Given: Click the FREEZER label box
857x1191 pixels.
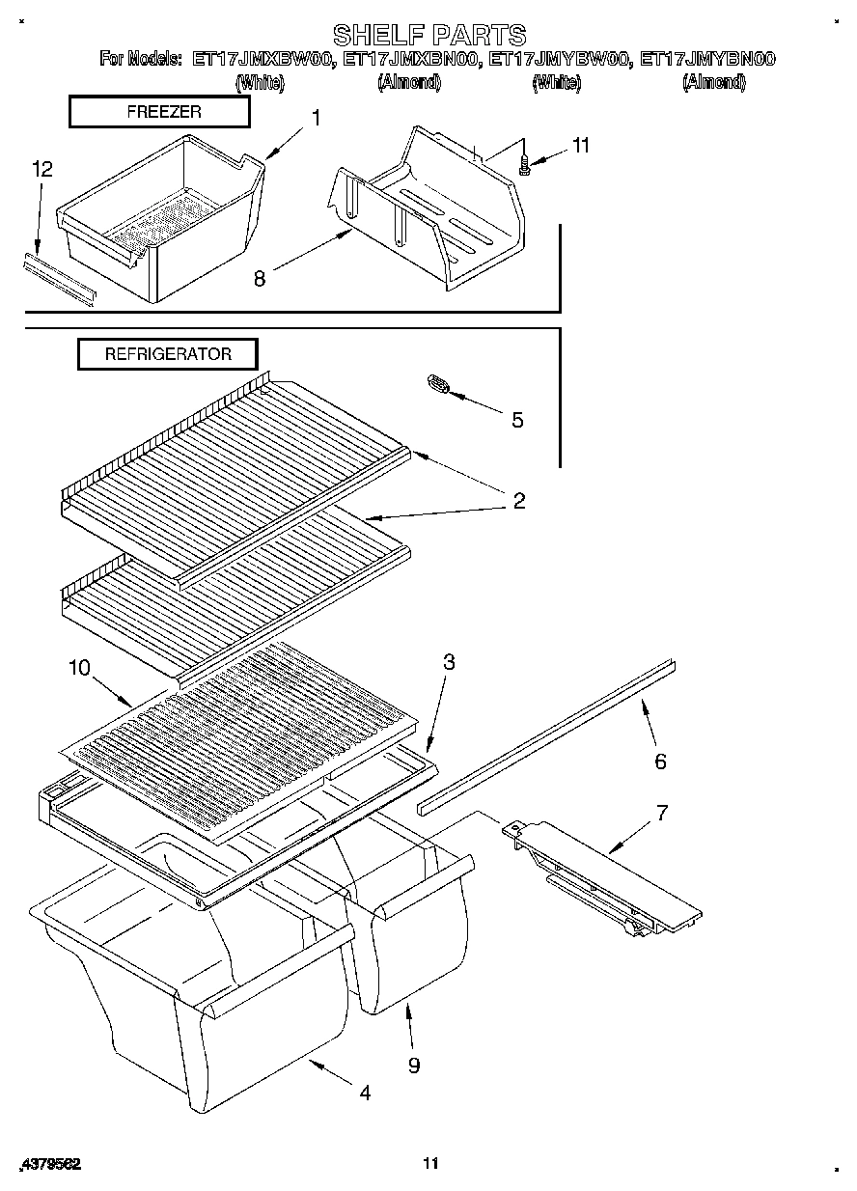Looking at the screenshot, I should pos(159,112).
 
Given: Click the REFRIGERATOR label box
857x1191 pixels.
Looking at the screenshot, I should pos(168,354).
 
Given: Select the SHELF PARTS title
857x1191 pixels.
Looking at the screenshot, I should pos(429,35).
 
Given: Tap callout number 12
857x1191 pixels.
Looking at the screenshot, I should pos(41,169).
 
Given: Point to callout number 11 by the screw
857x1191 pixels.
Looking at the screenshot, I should pos(580,146).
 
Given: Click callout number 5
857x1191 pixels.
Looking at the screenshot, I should pos(517,420).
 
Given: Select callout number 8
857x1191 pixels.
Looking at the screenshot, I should pos(259,278).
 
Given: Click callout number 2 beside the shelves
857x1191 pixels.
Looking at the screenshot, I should pos(519,500).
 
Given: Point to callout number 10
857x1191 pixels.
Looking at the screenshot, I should pos(79,667).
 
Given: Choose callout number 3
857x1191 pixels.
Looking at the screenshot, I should pos(449,662).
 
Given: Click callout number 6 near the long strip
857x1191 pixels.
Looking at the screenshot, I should pos(660,762).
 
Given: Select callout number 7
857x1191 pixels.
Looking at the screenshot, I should pos(661,812).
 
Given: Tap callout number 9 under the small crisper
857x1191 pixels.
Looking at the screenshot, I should pos(414,1065).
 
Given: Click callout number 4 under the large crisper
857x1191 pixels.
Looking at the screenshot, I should pos(364,1093).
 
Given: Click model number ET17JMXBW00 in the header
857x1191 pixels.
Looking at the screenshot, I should pos(263,60).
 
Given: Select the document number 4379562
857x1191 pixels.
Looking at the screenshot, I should pos(49,1164).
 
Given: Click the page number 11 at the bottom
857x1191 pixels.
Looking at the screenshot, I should pos(430,1163).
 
